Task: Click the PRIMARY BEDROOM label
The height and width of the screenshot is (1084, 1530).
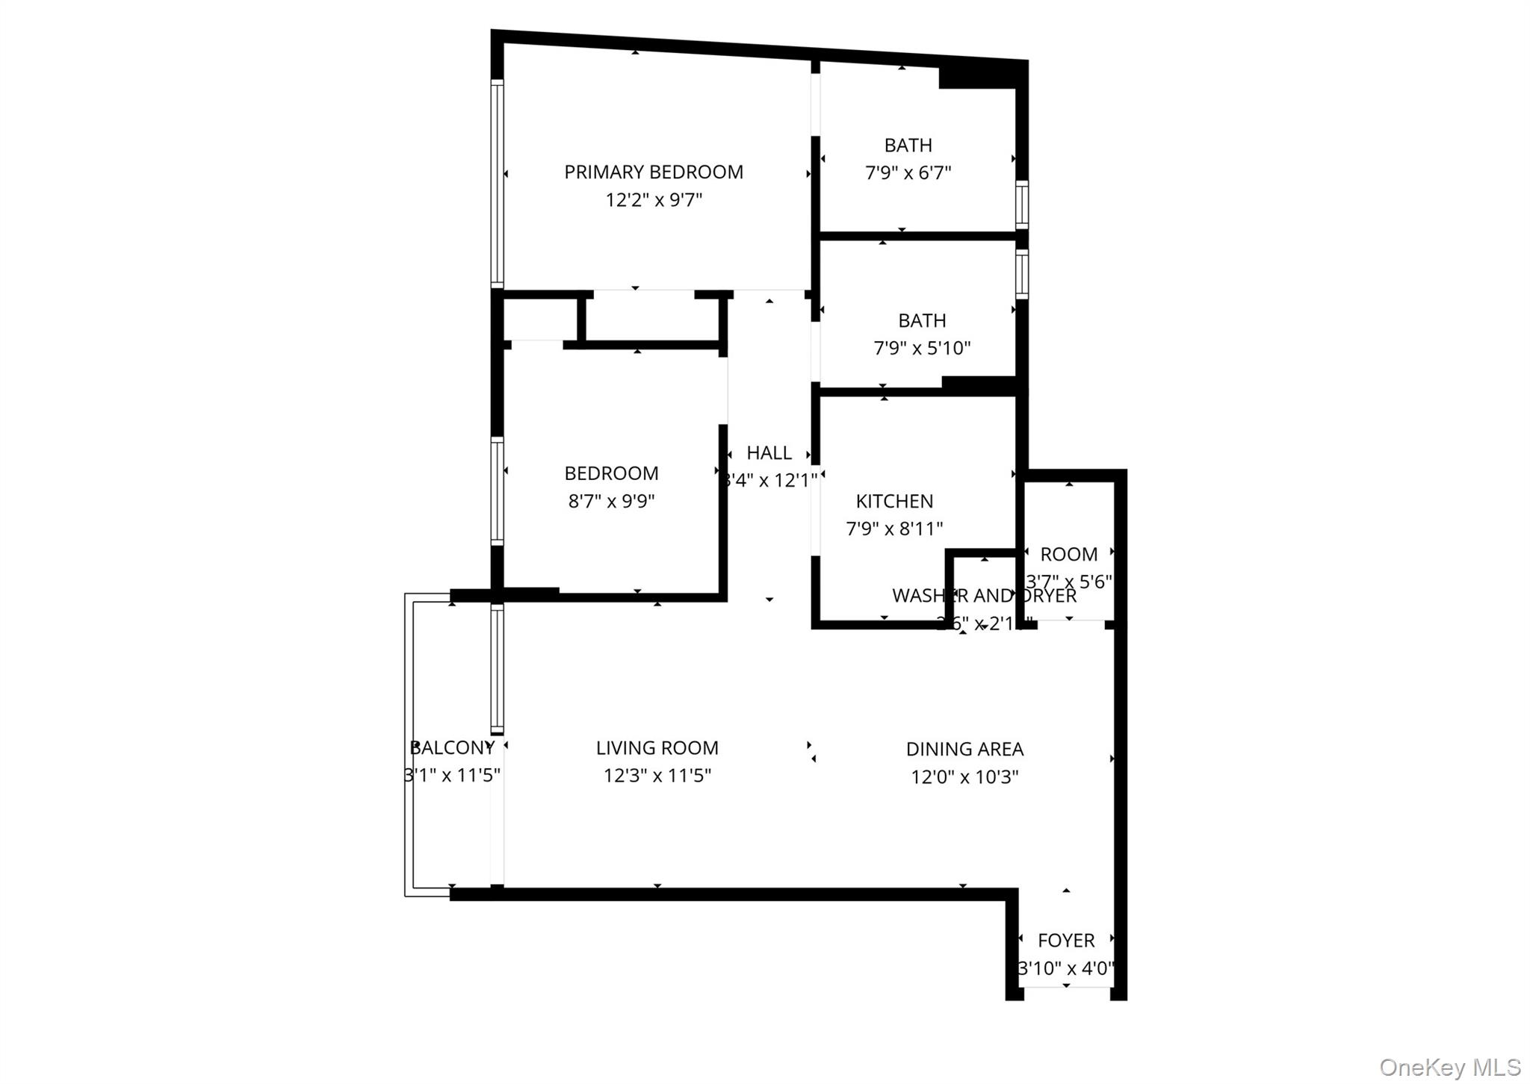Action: pyautogui.click(x=654, y=172)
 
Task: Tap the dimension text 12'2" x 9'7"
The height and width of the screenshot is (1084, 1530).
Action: pyautogui.click(x=654, y=200)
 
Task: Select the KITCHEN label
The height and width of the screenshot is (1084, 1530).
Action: pyautogui.click(x=894, y=501)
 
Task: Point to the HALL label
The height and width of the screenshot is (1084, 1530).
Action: pyautogui.click(x=769, y=453)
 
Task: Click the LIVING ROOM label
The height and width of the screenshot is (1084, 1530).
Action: pyautogui.click(x=657, y=748)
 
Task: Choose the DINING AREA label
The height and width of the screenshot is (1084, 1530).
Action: pyautogui.click(x=964, y=749)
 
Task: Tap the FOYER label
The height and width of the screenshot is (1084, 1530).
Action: pyautogui.click(x=1066, y=941)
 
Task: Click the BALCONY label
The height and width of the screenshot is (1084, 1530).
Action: pyautogui.click(x=453, y=747)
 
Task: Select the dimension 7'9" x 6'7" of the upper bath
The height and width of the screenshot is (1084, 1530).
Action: pyautogui.click(x=908, y=173)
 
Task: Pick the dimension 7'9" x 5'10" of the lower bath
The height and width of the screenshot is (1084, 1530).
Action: pyautogui.click(x=922, y=348)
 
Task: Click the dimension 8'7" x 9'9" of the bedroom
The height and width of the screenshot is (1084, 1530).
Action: pyautogui.click(x=611, y=501)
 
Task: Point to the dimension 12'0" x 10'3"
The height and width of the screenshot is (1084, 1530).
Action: pyautogui.click(x=964, y=777)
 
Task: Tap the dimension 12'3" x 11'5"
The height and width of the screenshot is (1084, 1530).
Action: pyautogui.click(x=657, y=776)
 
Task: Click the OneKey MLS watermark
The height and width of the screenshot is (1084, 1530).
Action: pyautogui.click(x=1449, y=1067)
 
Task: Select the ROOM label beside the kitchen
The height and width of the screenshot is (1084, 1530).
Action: pyautogui.click(x=1068, y=555)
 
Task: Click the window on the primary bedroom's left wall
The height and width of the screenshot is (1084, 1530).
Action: pyautogui.click(x=497, y=184)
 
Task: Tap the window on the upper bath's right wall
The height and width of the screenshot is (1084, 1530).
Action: pyautogui.click(x=1022, y=204)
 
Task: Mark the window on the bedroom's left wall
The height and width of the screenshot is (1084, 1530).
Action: pyautogui.click(x=497, y=491)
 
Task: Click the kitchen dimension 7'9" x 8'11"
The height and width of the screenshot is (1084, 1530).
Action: pyautogui.click(x=894, y=529)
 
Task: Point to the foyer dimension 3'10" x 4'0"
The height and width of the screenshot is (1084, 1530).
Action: pyautogui.click(x=1066, y=969)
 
